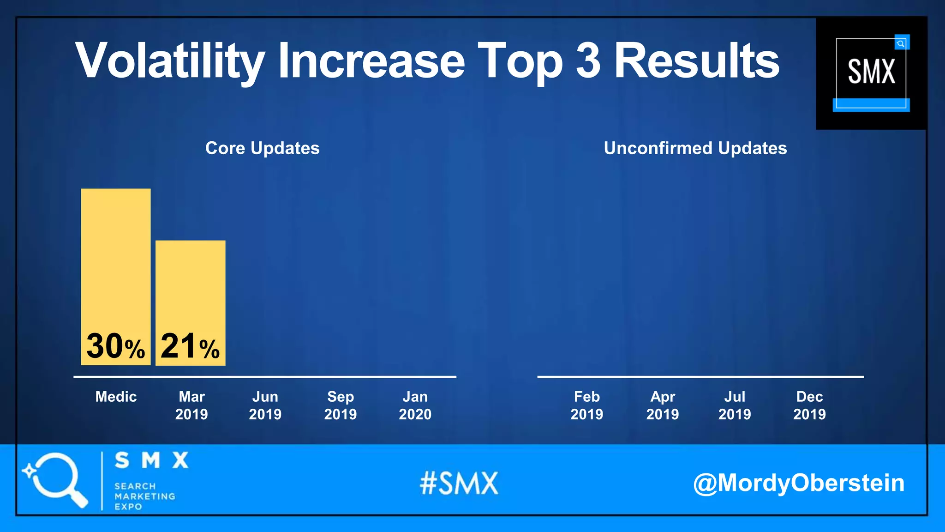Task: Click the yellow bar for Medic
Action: tap(115, 259)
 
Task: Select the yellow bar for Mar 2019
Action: tap(190, 286)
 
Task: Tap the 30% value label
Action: tap(115, 346)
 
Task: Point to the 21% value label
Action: tap(190, 346)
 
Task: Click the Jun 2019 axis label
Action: tap(265, 405)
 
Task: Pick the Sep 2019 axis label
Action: tap(341, 405)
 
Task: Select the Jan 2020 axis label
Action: tap(415, 405)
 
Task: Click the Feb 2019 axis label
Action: tap(587, 405)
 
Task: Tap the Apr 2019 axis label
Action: tap(663, 405)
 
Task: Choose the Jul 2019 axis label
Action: tap(735, 405)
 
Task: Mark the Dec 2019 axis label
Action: tap(810, 405)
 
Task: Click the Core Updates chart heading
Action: tap(262, 148)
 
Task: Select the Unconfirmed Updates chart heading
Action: tap(695, 148)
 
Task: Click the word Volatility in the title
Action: tap(170, 61)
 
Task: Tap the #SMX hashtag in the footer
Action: tap(459, 484)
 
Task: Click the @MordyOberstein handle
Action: tap(799, 483)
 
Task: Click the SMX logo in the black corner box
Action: tap(871, 73)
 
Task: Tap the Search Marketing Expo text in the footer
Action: tap(144, 496)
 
